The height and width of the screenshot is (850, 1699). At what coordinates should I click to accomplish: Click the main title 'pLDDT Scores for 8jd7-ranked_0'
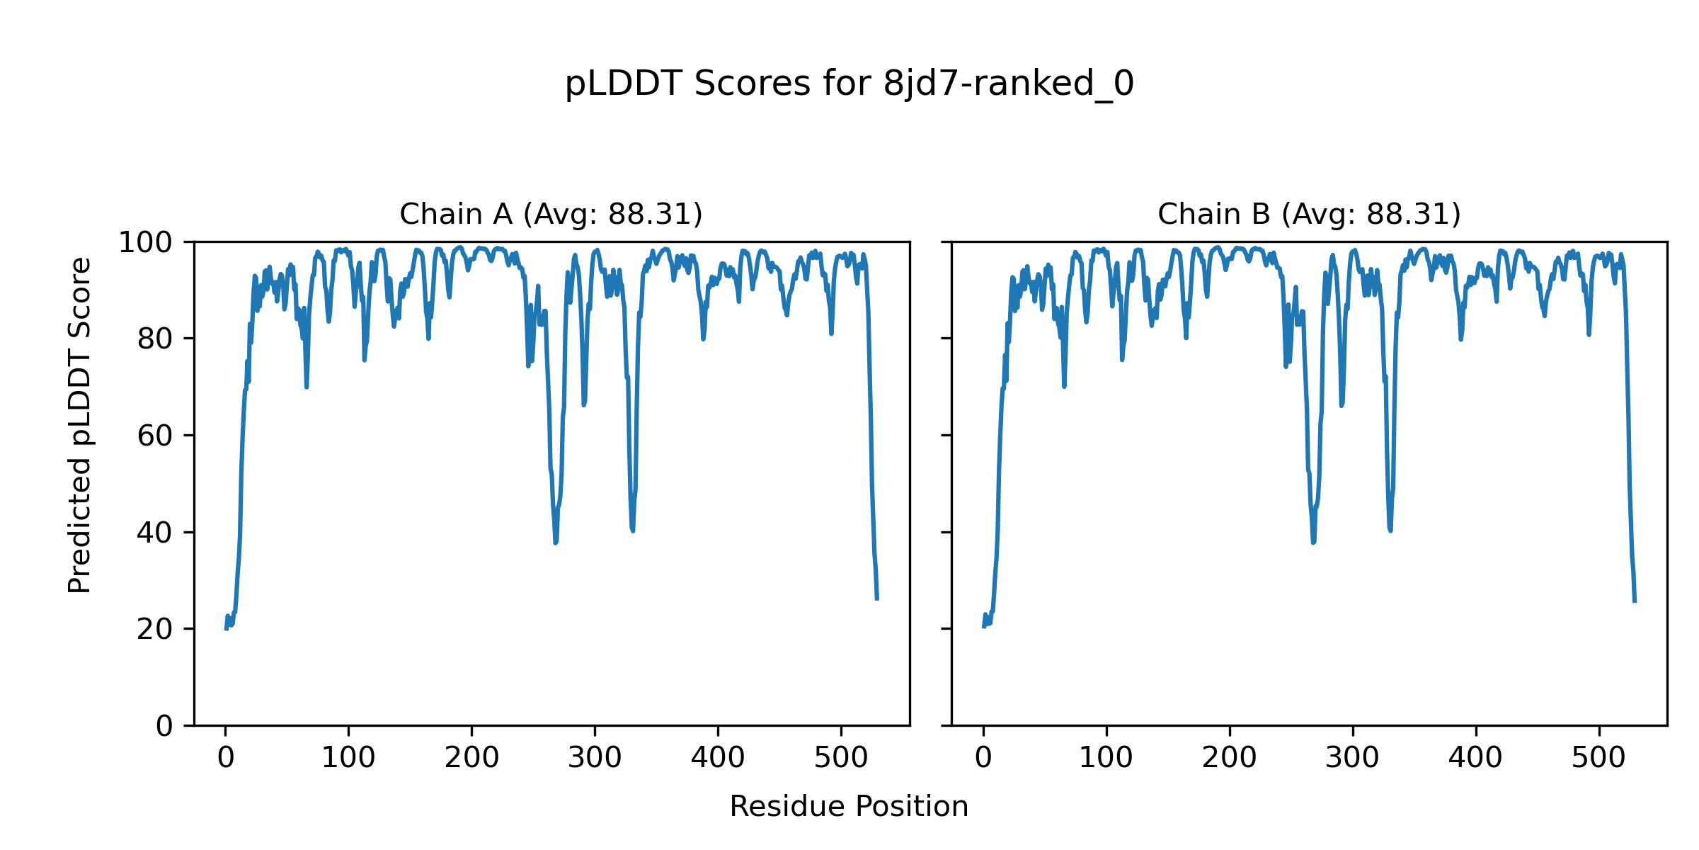pyautogui.click(x=849, y=84)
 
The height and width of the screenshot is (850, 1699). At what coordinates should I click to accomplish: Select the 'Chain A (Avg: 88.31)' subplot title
pyautogui.click(x=551, y=215)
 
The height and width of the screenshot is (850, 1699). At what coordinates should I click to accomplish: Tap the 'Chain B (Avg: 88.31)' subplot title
pyautogui.click(x=1309, y=215)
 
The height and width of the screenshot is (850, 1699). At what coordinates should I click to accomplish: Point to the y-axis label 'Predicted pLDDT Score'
pyautogui.click(x=80, y=425)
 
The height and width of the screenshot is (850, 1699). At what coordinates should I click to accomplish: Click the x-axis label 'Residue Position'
pyautogui.click(x=849, y=807)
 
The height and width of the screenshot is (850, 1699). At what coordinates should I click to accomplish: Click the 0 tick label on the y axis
pyautogui.click(x=164, y=726)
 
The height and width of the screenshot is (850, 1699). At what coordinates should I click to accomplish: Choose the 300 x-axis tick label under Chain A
pyautogui.click(x=595, y=759)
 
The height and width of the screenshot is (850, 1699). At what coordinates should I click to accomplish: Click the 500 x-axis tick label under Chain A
pyautogui.click(x=841, y=759)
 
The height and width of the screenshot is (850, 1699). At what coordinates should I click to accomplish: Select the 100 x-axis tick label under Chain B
pyautogui.click(x=1106, y=759)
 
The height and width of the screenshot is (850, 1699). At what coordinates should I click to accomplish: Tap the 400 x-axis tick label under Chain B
pyautogui.click(x=1475, y=759)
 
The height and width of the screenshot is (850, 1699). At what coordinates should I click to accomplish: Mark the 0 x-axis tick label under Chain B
pyautogui.click(x=983, y=759)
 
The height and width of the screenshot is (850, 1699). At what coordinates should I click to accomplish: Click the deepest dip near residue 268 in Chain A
pyautogui.click(x=556, y=543)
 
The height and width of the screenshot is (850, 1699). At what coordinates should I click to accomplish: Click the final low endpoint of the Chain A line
pyautogui.click(x=877, y=599)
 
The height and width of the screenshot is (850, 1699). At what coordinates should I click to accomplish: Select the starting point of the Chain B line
pyautogui.click(x=983, y=627)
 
